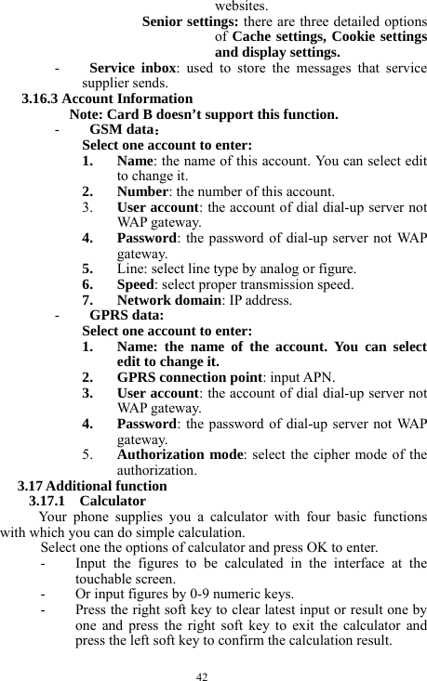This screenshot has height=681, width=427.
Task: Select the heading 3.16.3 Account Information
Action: click(107, 98)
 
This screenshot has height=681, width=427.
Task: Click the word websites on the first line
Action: click(241, 5)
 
